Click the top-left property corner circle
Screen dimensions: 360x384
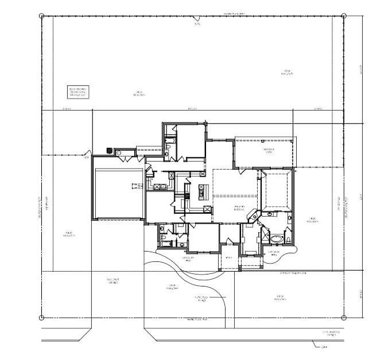(41, 16)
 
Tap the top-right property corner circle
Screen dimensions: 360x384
(343, 16)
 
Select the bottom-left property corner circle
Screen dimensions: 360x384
(41, 318)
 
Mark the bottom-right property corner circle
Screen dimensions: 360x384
(343, 318)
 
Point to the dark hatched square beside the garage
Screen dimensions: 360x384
(110, 151)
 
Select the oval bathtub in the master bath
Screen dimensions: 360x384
(277, 238)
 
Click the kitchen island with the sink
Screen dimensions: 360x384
(201, 191)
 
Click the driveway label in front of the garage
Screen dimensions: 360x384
(113, 281)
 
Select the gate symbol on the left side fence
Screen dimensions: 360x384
(87, 155)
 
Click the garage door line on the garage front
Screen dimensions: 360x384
(119, 218)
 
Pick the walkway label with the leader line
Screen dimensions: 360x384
(201, 299)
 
